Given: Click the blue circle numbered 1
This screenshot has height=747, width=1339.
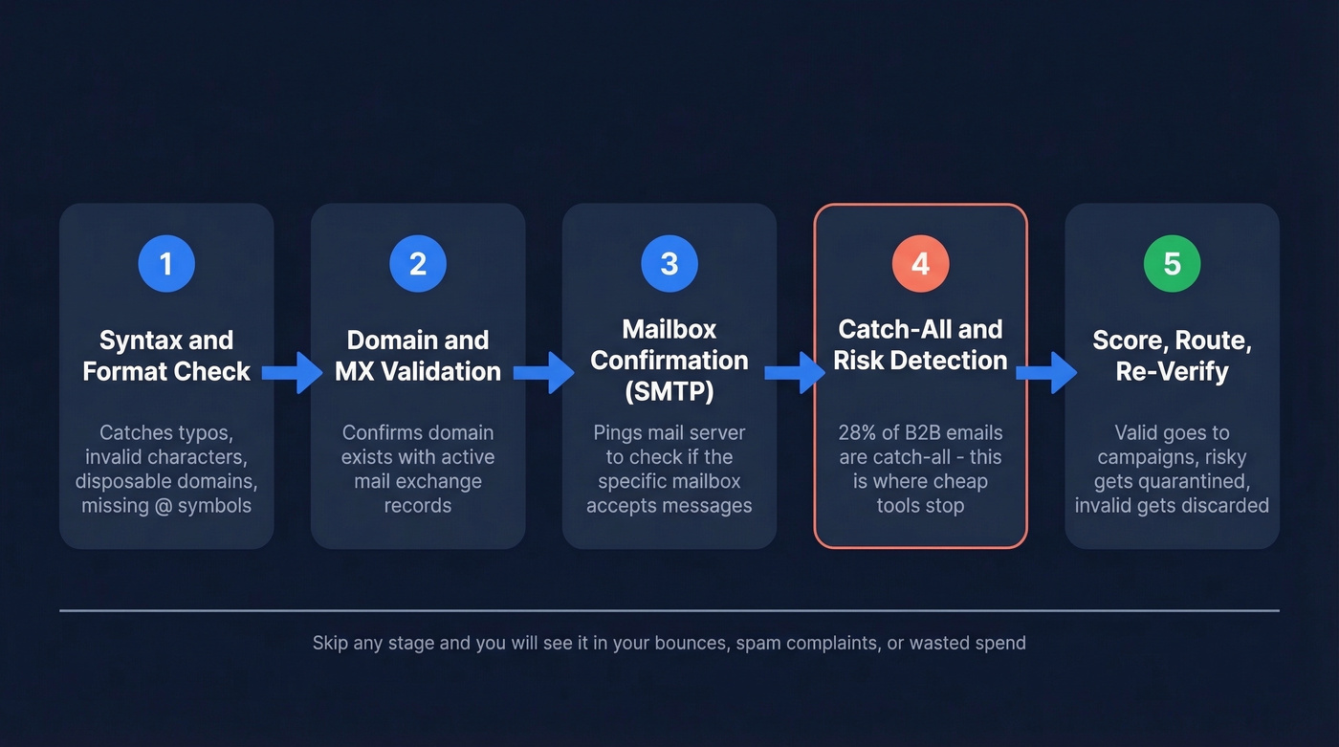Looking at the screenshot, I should (x=166, y=263).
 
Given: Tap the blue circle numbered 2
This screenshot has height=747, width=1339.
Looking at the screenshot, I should (x=418, y=263).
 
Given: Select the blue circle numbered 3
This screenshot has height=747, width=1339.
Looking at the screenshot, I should (x=669, y=263).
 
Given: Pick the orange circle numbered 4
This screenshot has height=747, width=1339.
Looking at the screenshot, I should (x=920, y=263).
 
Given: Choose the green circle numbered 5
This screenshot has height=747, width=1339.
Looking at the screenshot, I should (x=1172, y=263).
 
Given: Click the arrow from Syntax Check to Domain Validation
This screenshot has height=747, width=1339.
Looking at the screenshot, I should (x=293, y=372).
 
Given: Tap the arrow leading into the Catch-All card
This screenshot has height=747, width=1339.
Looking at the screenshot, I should (x=795, y=372).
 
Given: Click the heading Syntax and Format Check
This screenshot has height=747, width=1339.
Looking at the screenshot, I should (x=166, y=356).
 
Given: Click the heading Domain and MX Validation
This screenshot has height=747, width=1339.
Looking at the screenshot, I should (x=418, y=356).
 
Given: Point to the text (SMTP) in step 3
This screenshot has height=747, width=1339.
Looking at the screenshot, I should (x=669, y=391).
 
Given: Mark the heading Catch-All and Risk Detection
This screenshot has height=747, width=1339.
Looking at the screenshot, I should (x=920, y=344).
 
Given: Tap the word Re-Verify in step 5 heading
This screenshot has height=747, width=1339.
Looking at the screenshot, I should (x=1172, y=371).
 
